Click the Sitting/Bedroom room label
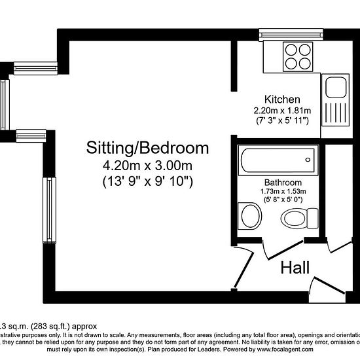(x=148, y=148)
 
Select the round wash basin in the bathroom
(x=249, y=215)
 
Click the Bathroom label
(x=283, y=182)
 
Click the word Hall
(x=295, y=267)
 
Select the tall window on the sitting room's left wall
(x=48, y=210)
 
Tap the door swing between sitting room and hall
(x=245, y=265)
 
